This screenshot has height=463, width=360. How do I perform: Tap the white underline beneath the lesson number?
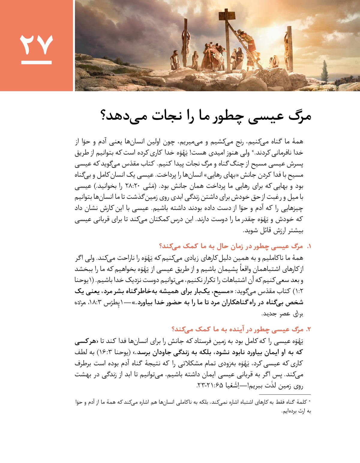[x=36, y=62]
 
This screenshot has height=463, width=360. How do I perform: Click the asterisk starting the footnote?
[x=310, y=401]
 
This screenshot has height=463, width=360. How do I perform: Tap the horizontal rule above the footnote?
[x=285, y=395]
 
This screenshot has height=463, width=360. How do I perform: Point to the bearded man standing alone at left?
[x=175, y=60]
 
